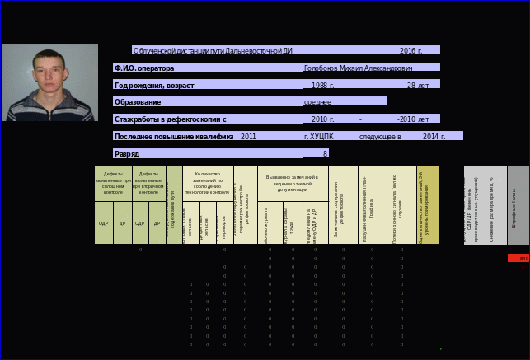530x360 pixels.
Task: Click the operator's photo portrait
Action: pos(49,82)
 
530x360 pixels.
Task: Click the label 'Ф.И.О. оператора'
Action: pos(144,68)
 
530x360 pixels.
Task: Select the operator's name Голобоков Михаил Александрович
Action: pos(358,68)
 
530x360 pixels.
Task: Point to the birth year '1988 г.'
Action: pos(322,85)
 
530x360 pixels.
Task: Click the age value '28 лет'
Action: pos(418,85)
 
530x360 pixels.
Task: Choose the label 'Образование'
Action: pos(138,102)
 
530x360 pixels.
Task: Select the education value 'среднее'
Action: pos(317,102)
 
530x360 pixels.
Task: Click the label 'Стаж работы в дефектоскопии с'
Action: pos(170,119)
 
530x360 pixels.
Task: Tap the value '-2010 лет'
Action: pos(413,119)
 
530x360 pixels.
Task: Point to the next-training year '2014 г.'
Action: pos(434,136)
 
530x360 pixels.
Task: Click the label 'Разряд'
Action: pos(127,153)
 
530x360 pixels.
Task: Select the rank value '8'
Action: pos(325,153)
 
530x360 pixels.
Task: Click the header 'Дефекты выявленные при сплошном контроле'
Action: pos(113,182)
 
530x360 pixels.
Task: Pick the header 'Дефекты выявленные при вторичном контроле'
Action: pos(148,182)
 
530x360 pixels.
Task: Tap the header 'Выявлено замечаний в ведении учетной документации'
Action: pos(293,183)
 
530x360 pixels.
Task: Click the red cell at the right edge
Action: pos(518,258)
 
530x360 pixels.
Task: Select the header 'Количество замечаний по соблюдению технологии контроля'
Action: pos(208,182)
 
